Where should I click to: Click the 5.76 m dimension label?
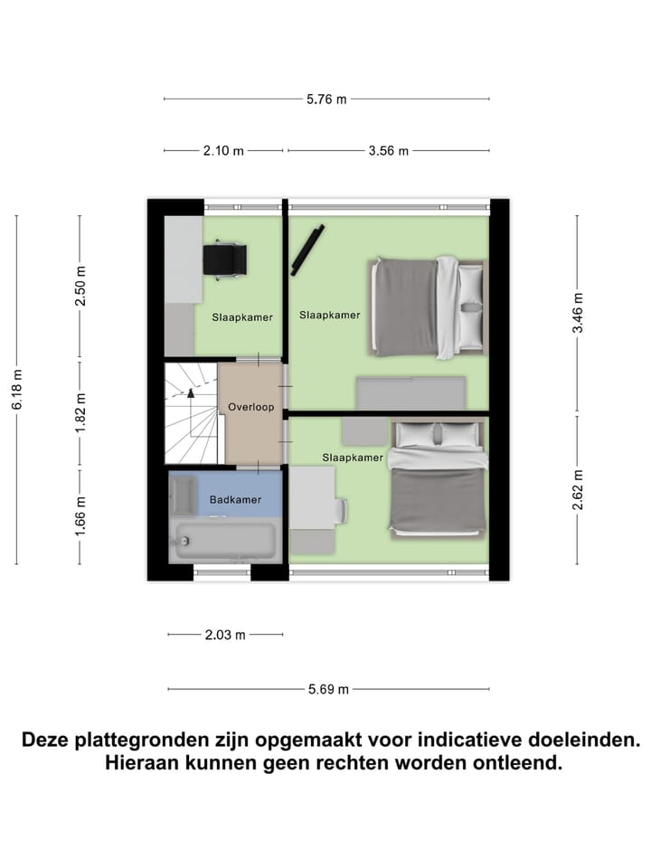[326, 99]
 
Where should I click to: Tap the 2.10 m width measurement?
[223, 151]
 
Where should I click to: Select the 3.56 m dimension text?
[389, 151]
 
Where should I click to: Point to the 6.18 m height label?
[16, 389]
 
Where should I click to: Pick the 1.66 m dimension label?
[80, 516]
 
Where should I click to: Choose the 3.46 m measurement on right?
[578, 314]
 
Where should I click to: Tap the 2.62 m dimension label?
[578, 489]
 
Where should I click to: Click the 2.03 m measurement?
[225, 635]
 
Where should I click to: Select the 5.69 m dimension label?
[328, 689]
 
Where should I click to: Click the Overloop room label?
[250, 407]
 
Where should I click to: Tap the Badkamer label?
[235, 499]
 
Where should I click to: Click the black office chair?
[223, 259]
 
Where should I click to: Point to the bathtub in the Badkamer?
[224, 542]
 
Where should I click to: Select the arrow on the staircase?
[191, 392]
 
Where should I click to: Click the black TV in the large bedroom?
[307, 249]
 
